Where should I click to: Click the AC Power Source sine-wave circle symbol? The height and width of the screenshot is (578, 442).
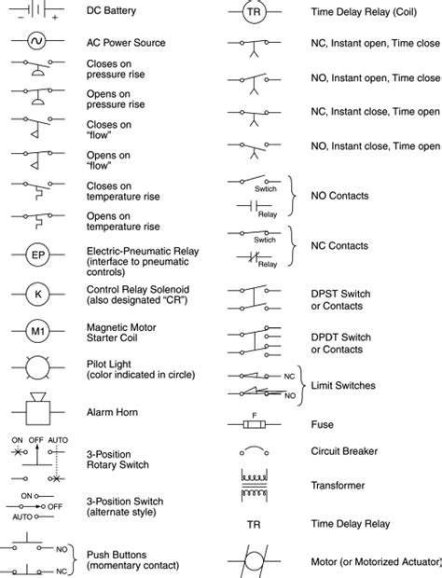[38, 42]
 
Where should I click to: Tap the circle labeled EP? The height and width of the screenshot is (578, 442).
[38, 255]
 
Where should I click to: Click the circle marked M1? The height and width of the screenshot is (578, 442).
[38, 331]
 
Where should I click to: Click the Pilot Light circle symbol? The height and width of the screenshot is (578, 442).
[38, 367]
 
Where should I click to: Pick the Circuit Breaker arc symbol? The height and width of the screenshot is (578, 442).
[254, 451]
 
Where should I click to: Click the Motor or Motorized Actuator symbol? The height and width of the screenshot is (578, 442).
[254, 562]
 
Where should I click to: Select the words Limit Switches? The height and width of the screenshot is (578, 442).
[342, 385]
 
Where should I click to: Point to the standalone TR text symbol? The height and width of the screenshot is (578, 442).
[254, 524]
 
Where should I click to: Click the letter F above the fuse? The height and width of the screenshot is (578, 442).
[254, 413]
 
